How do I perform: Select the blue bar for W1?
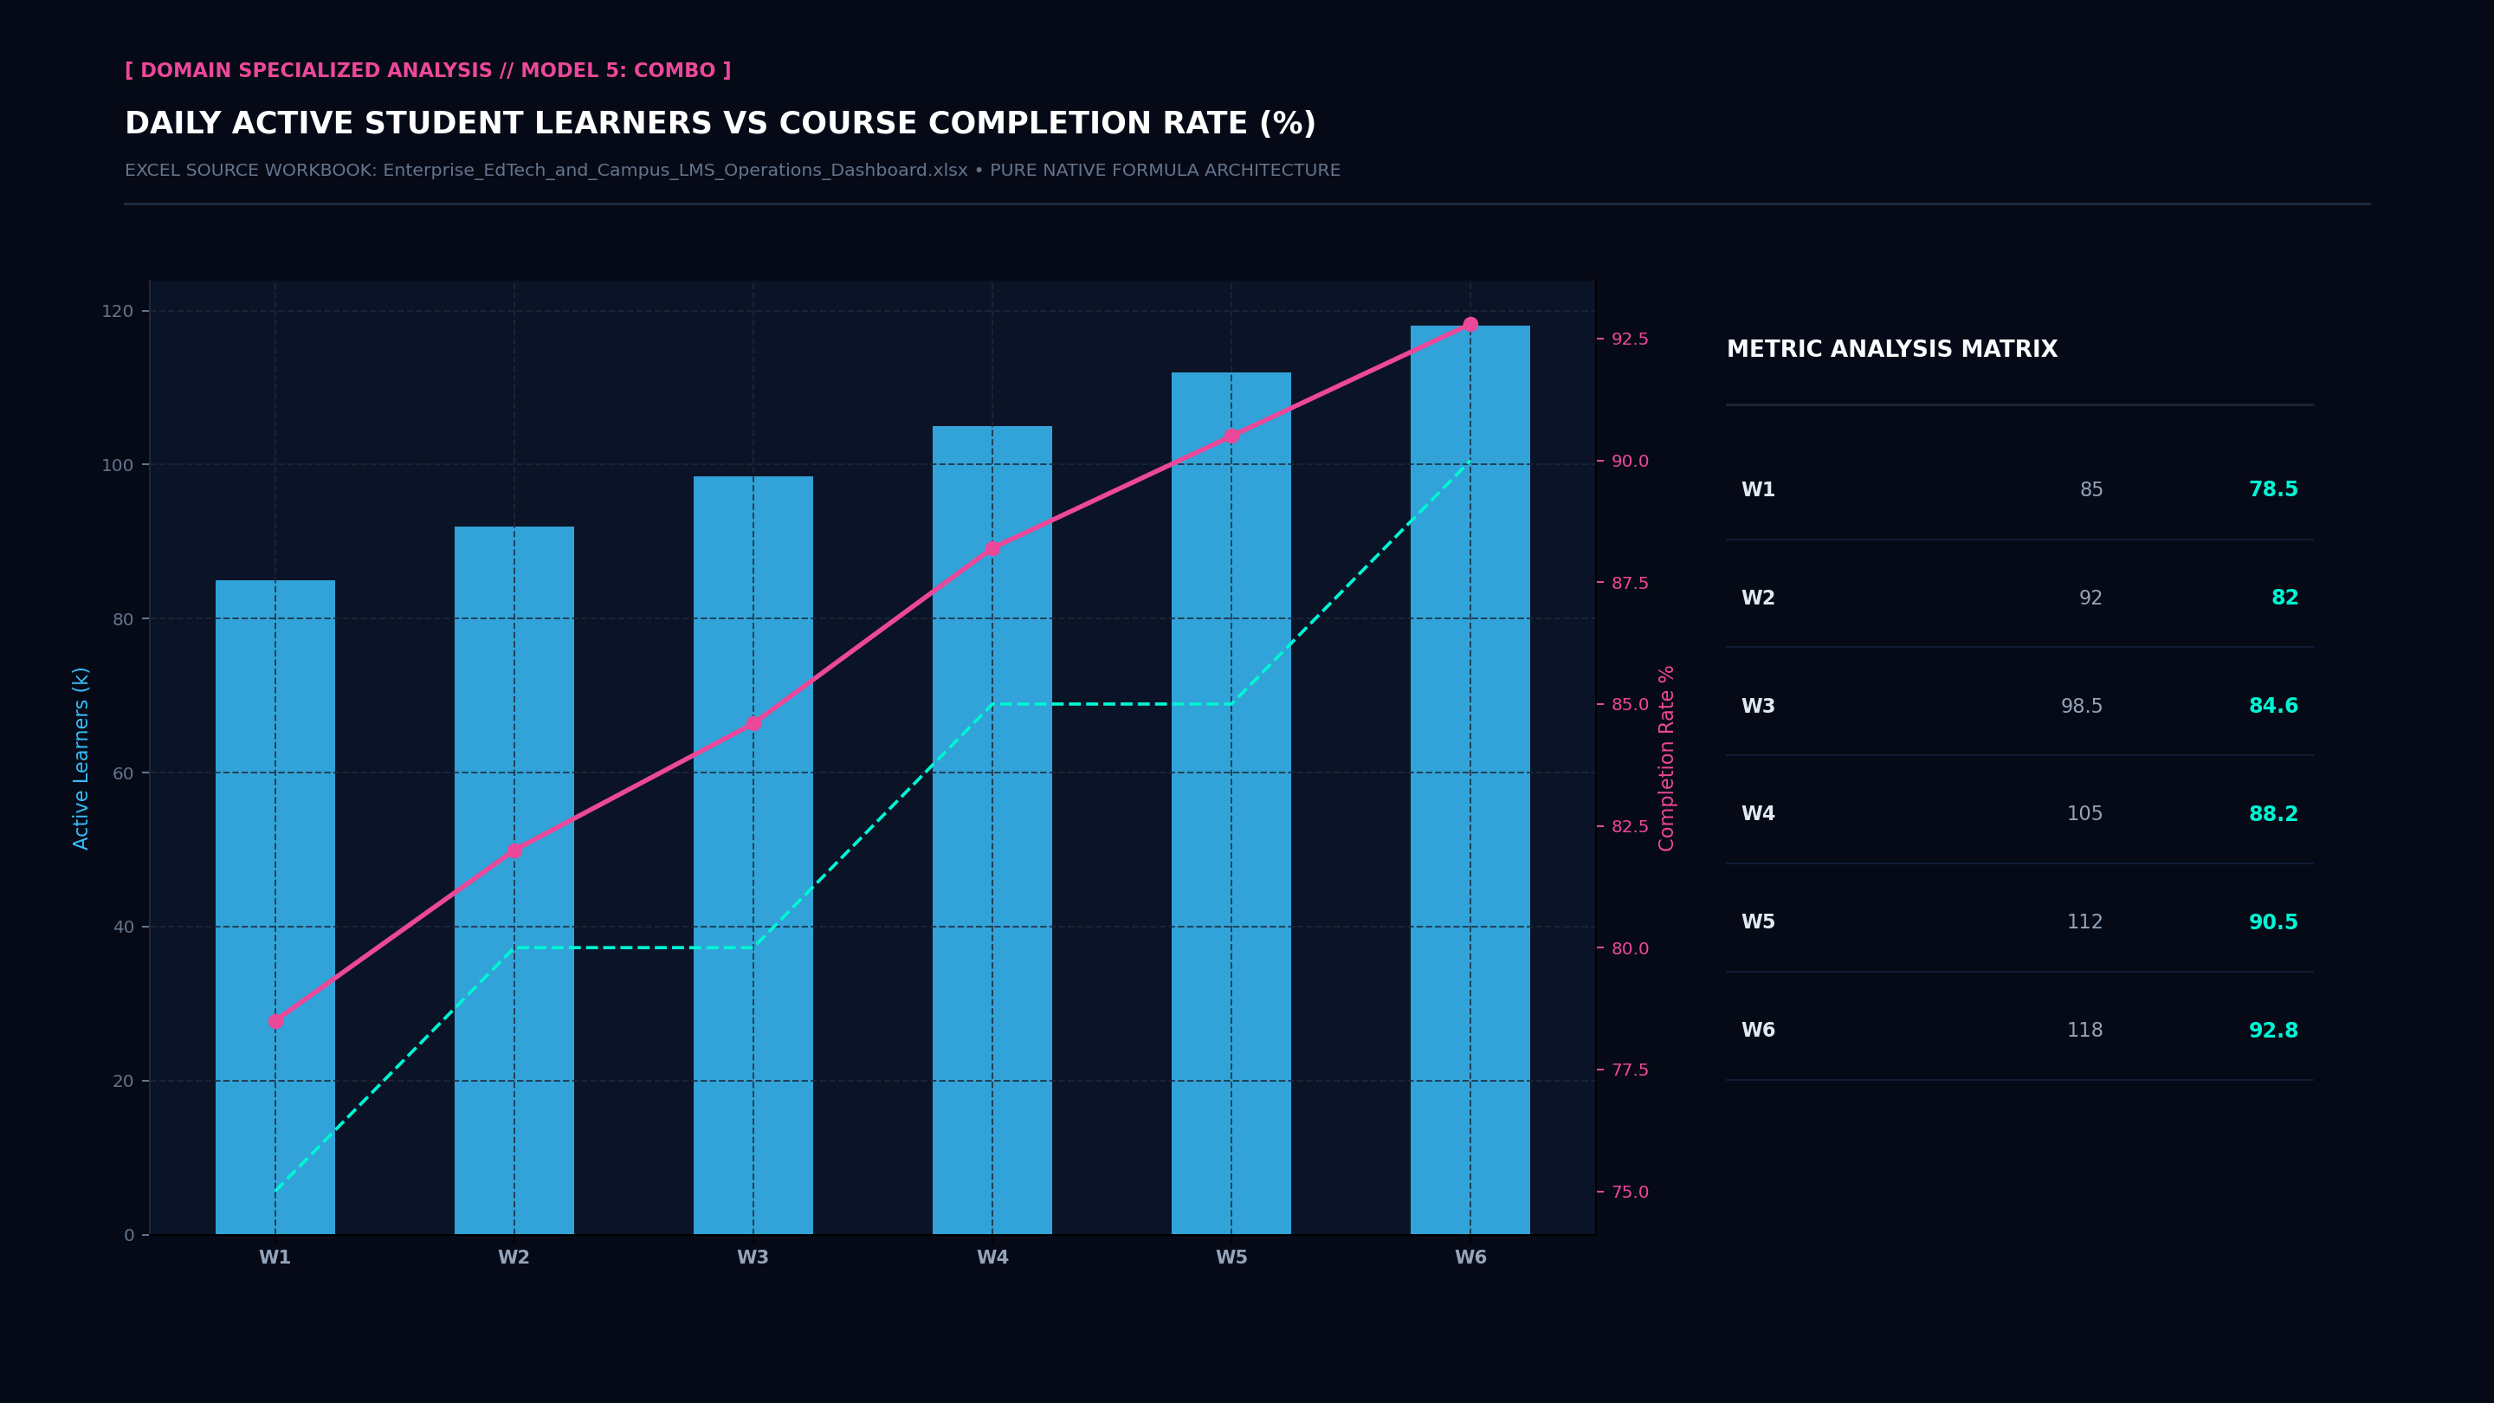[275, 908]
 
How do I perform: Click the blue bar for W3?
[753, 855]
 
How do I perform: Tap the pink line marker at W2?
[514, 851]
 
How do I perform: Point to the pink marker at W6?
[1470, 325]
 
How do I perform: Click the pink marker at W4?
[992, 549]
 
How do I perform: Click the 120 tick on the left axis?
[117, 311]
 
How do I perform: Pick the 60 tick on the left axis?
[123, 773]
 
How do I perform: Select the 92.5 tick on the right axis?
[1630, 339]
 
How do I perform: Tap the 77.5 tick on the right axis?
[1630, 1070]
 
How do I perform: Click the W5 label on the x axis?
[1231, 1257]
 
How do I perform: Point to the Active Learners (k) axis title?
[81, 758]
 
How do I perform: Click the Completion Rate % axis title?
[1666, 758]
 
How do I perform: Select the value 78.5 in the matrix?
[2273, 489]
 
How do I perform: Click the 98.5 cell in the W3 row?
[2082, 706]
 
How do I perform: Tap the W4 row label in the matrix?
[1758, 813]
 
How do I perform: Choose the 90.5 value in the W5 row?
[2273, 921]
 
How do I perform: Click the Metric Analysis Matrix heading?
[1892, 350]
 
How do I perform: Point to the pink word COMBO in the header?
[675, 71]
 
